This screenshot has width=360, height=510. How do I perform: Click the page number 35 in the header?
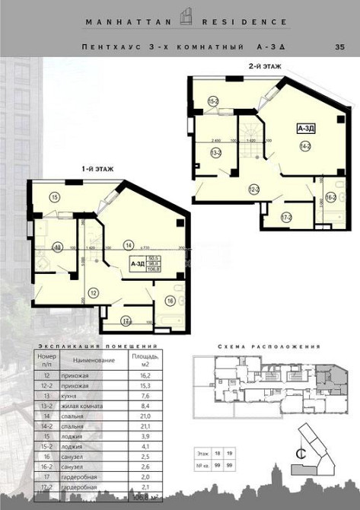(x=339, y=47)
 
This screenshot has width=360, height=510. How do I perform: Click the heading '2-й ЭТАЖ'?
(x=265, y=66)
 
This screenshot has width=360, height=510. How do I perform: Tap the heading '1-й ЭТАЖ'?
(x=97, y=169)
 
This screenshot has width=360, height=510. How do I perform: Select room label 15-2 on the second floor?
(x=214, y=101)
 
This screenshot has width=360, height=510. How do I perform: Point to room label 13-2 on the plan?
(x=215, y=153)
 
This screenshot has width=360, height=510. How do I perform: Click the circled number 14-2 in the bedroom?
(x=304, y=145)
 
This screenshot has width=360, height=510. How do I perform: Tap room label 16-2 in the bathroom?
(x=331, y=197)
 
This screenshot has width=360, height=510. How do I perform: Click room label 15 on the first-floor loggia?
(x=54, y=197)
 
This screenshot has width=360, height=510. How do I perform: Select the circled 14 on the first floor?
(x=129, y=245)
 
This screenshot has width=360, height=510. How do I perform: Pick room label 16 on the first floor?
(x=170, y=300)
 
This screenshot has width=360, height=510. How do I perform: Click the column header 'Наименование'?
(x=94, y=359)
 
